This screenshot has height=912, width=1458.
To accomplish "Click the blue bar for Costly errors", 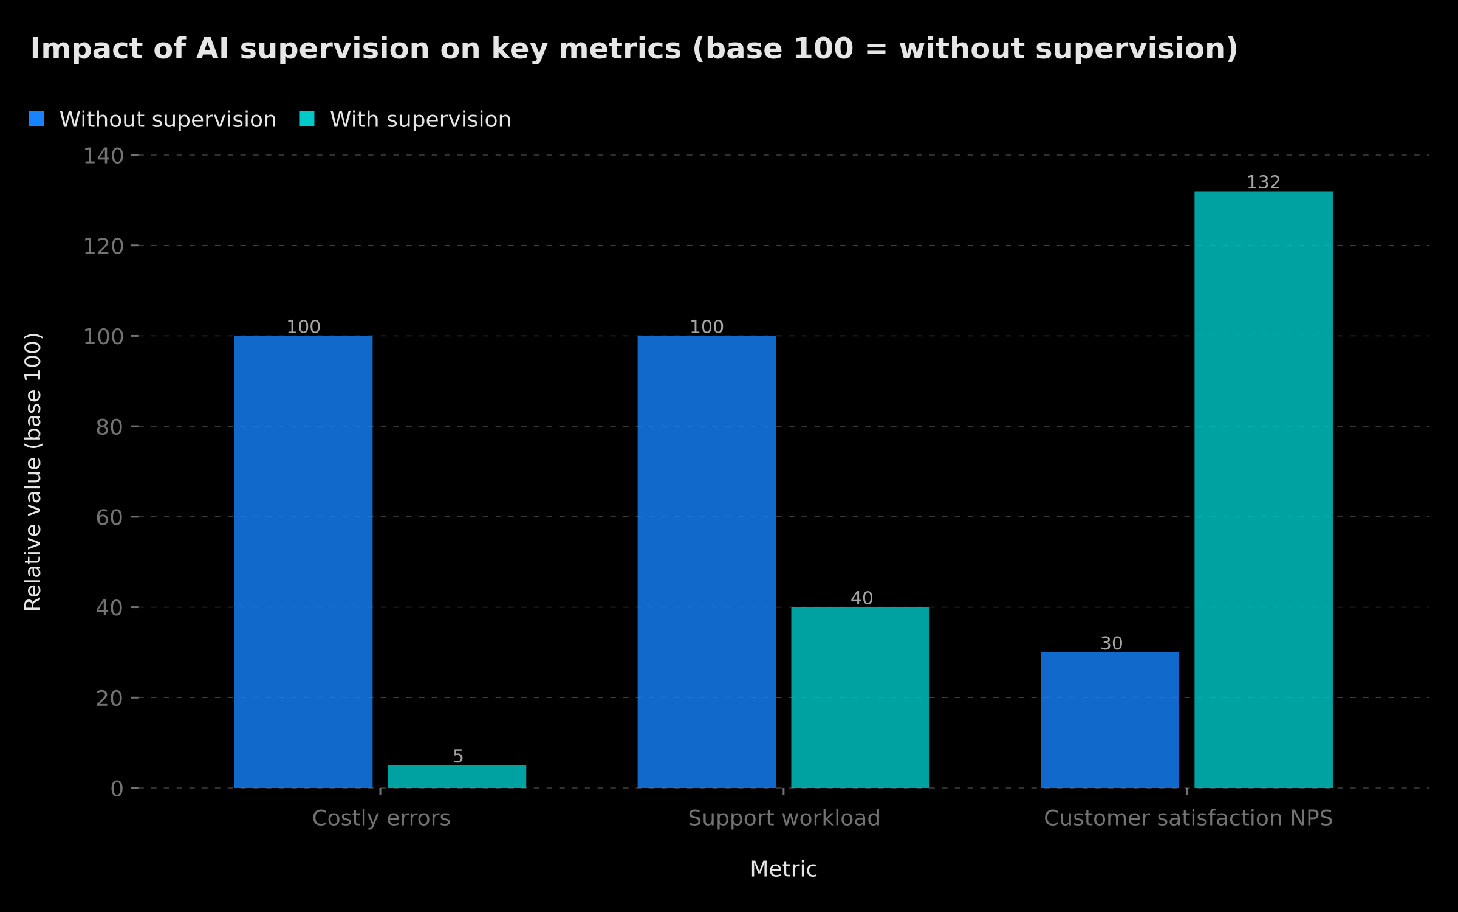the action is coord(303,562).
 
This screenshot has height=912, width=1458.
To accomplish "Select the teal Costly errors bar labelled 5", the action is coord(457,776).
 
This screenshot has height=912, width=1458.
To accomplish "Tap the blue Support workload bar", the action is coord(707,562).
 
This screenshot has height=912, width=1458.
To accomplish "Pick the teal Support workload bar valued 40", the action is coord(860,697).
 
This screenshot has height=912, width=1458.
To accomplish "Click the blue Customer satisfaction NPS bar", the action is coord(1110,720).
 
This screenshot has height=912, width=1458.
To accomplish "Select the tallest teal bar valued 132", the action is coord(1264,489).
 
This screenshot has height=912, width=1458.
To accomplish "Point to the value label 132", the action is coord(1264,182).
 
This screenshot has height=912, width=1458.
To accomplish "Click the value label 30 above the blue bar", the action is coord(1112,643).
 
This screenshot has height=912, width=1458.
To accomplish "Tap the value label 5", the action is coord(458,756).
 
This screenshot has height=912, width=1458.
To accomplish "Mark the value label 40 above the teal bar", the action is coord(861,598).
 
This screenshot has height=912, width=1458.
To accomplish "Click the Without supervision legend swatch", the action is coord(36,119).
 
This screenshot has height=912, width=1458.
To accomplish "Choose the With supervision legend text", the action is coord(420,120).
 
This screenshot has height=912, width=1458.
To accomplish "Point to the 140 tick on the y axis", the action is coord(103,156).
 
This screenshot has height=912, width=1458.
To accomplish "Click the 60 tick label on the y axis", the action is coord(109,517).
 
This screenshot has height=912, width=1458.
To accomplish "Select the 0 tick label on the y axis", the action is coord(117,789).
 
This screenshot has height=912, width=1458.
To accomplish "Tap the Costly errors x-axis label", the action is coord(381,818).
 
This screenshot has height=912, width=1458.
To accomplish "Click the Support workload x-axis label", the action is coord(784,818).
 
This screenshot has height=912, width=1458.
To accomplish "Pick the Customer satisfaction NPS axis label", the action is coord(1188,818).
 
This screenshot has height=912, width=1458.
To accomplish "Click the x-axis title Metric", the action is coord(784,869).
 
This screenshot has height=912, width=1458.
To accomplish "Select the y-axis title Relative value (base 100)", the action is coord(33,472).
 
